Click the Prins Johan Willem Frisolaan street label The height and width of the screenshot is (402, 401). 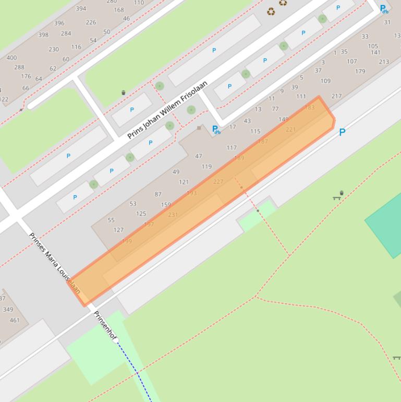(167, 110)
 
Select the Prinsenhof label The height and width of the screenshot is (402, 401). (105, 326)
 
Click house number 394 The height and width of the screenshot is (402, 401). (81, 8)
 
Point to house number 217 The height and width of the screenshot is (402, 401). (336, 96)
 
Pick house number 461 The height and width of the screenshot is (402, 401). (15, 320)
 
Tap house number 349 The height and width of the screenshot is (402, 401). (8, 310)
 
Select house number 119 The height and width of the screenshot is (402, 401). (206, 167)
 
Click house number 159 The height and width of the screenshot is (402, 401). (166, 205)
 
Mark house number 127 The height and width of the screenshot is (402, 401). (118, 230)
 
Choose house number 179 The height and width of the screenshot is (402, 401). (360, 71)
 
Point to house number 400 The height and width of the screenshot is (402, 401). (11, 57)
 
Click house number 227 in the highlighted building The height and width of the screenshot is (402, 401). (218, 182)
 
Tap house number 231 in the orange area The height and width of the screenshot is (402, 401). (173, 215)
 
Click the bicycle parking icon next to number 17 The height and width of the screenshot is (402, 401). (216, 129)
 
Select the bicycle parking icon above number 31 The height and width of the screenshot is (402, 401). (384, 9)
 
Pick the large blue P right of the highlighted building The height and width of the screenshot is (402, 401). (342, 132)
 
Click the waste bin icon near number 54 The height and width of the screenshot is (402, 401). (123, 92)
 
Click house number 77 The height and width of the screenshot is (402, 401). (275, 109)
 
